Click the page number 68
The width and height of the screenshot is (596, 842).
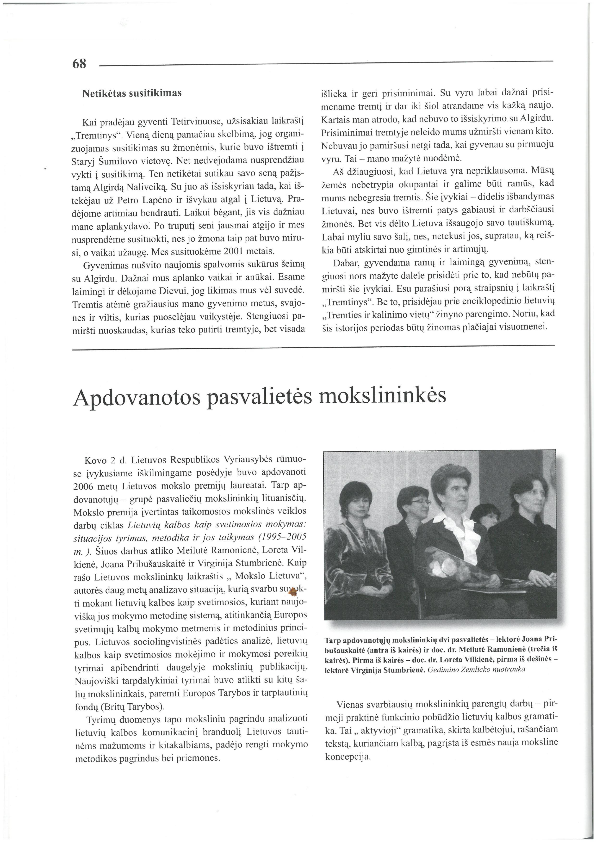pyautogui.click(x=79, y=64)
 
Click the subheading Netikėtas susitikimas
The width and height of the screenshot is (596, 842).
pyautogui.click(x=132, y=93)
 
